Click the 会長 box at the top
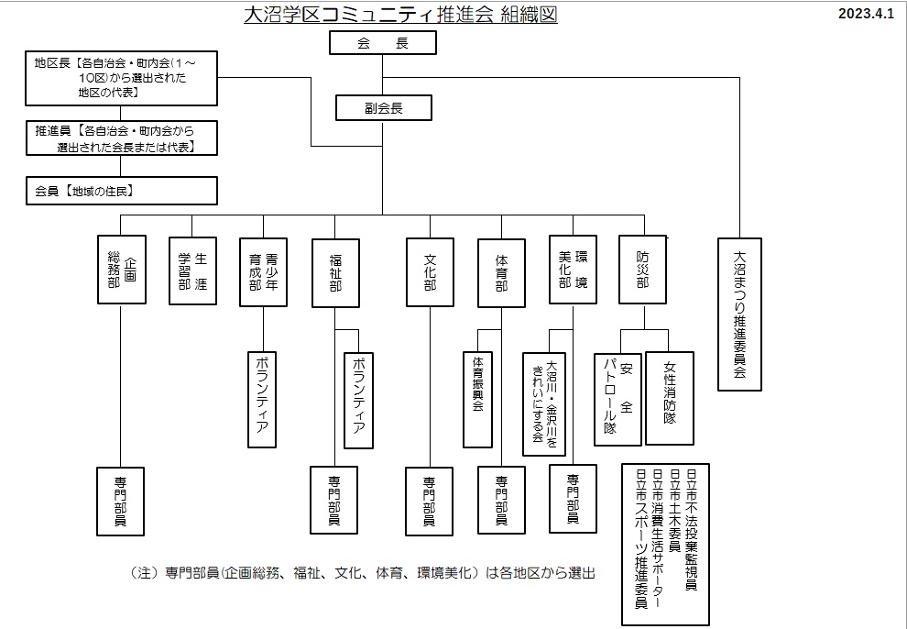click(382, 43)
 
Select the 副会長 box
click(382, 108)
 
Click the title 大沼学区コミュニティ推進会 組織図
click(400, 16)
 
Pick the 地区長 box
click(122, 78)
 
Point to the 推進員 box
click(122, 138)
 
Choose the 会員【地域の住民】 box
click(122, 191)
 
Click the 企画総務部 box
click(121, 270)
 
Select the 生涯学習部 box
click(192, 270)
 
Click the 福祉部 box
click(335, 271)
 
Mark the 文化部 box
click(430, 271)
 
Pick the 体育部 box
click(501, 272)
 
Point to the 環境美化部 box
click(573, 270)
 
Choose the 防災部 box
click(642, 270)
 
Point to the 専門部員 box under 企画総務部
click(121, 501)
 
